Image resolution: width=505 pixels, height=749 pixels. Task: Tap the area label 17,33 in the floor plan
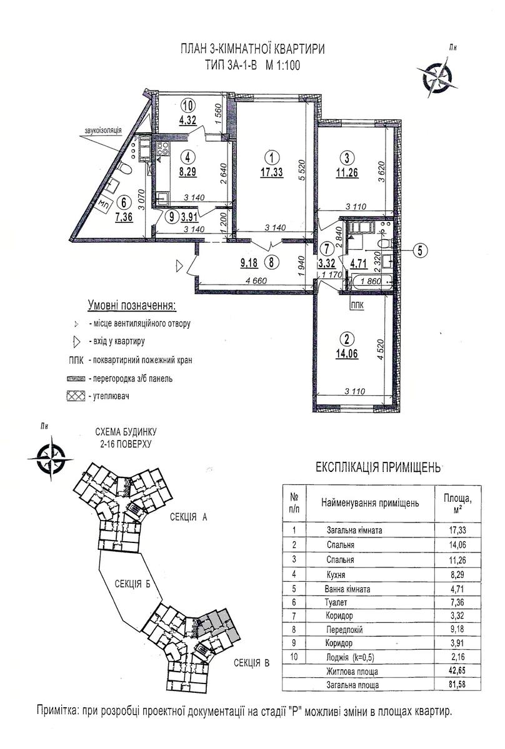click(x=272, y=172)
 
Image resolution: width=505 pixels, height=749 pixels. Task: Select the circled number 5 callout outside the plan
click(x=420, y=250)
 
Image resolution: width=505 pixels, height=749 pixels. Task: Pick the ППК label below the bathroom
click(x=357, y=305)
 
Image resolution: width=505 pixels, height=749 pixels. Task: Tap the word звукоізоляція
click(x=102, y=130)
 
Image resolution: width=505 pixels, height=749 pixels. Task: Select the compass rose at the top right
click(x=437, y=77)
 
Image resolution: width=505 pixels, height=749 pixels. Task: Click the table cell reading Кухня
click(x=336, y=574)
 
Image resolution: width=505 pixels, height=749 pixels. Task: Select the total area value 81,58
click(x=457, y=683)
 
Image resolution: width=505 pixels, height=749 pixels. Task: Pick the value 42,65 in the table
click(x=457, y=670)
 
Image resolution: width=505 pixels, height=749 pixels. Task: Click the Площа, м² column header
click(x=457, y=504)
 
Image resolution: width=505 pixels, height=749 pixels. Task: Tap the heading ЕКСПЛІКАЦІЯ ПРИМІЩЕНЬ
click(x=378, y=468)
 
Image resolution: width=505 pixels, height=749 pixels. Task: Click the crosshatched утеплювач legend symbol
click(x=76, y=396)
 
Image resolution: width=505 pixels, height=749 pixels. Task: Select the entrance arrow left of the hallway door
click(x=179, y=267)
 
